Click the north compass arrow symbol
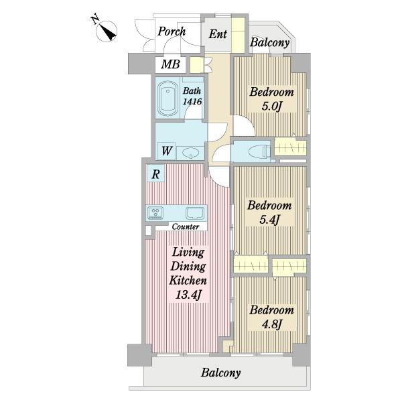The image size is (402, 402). (x=107, y=31)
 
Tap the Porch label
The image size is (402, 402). (x=172, y=31)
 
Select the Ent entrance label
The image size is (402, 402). (x=218, y=34)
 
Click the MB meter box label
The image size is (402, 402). (x=170, y=64)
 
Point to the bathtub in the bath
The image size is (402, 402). (x=167, y=98)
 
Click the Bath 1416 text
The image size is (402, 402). (x=192, y=96)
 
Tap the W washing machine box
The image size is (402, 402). (x=166, y=151)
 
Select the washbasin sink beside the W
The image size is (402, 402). (x=190, y=153)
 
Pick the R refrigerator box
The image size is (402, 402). (x=155, y=174)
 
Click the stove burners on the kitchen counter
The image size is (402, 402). (x=155, y=213)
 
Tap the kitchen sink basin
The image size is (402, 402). (x=195, y=213)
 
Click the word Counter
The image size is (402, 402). (x=186, y=226)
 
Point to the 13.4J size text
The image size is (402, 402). (x=188, y=295)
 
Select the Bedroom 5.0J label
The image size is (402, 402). (x=272, y=99)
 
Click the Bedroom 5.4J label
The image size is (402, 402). (x=269, y=213)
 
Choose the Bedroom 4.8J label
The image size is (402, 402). (x=272, y=318)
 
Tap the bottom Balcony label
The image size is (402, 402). (x=220, y=373)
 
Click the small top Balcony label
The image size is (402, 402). (x=270, y=43)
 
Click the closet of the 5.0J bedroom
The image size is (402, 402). (x=291, y=147)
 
